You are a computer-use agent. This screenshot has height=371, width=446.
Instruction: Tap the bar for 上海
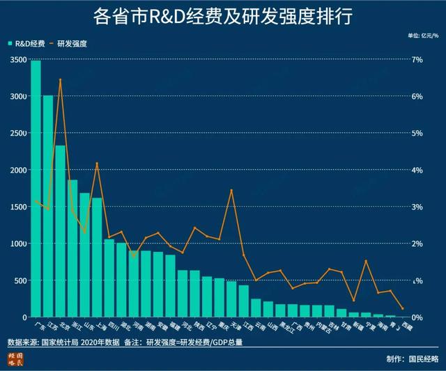coord(97,258)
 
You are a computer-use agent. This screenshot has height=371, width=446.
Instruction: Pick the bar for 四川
coord(109,278)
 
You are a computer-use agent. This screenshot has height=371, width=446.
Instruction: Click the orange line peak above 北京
coord(61,80)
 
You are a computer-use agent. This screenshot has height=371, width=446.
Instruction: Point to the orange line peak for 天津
coord(231,190)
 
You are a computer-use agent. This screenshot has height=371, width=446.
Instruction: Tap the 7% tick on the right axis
coord(417,60)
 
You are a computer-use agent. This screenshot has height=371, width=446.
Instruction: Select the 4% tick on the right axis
coord(417,171)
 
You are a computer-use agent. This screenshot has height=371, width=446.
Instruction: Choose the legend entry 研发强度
coord(73,43)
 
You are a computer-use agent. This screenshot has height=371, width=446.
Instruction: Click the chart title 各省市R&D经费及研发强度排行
coord(222,15)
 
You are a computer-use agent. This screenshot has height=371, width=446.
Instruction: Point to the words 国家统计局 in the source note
coord(61,342)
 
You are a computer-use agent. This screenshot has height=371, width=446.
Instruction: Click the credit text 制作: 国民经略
coord(412,359)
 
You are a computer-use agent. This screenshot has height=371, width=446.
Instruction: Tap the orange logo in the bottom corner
coord(15,358)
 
